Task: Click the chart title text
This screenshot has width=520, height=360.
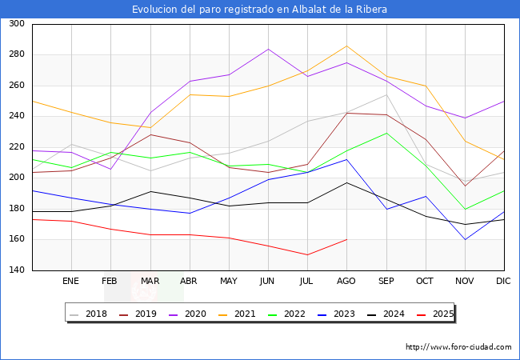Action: click(260, 10)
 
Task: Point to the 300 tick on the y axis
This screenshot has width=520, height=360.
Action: click(16, 24)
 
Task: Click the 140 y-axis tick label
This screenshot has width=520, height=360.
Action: click(16, 270)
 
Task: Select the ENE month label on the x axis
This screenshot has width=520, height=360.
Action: click(71, 281)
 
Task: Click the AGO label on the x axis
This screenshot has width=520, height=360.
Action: click(346, 281)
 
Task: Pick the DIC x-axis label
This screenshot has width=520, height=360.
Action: click(503, 281)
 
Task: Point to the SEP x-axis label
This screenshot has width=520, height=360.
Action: click(386, 281)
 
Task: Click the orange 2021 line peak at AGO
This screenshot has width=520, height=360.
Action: click(346, 46)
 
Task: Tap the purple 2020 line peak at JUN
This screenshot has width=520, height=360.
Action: click(268, 49)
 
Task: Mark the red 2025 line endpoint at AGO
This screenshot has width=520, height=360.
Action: click(346, 239)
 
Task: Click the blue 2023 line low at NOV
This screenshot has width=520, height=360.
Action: click(464, 239)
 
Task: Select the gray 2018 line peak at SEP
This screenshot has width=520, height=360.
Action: click(386, 95)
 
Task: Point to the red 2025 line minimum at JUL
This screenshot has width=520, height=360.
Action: click(307, 255)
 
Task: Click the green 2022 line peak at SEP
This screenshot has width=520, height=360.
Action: click(386, 133)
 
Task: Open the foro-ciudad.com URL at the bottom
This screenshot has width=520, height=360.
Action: click(458, 347)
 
